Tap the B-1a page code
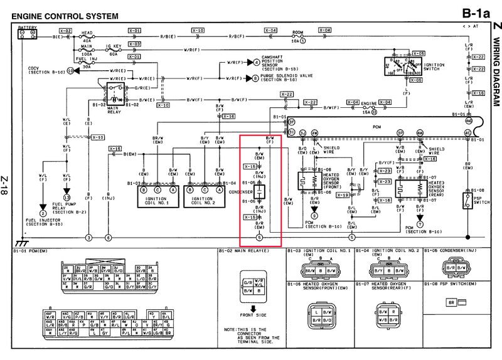tap(475, 13)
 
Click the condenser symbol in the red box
tap(262, 191)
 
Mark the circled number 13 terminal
tap(66, 198)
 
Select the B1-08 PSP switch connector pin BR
tap(451, 302)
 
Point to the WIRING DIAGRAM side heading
tap(495, 69)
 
